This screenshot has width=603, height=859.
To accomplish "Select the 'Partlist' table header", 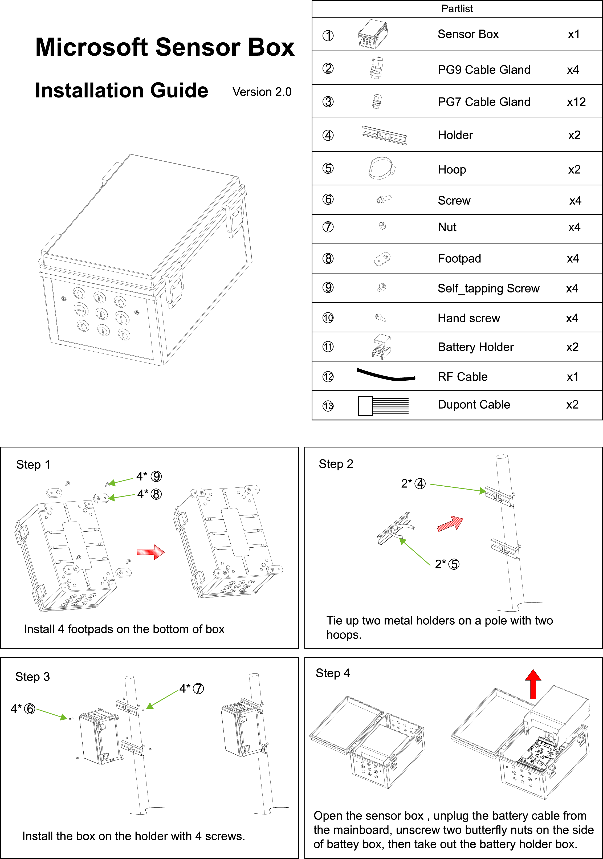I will [x=457, y=9].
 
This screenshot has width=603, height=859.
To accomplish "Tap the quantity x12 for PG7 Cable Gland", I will [x=576, y=102].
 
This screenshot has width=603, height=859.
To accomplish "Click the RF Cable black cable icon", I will [x=386, y=375].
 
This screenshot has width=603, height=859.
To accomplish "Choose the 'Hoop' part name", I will [x=452, y=169].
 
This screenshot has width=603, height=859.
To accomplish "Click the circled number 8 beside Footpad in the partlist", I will [x=328, y=259].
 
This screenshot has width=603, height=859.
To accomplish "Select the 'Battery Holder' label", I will [x=475, y=347].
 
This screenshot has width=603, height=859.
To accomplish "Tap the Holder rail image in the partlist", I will [x=384, y=135].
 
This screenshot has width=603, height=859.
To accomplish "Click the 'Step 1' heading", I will [x=33, y=465].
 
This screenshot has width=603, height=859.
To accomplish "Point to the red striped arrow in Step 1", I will [x=151, y=552].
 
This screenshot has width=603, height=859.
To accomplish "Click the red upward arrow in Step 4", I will [x=533, y=684].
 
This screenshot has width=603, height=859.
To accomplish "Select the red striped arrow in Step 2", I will [x=450, y=523].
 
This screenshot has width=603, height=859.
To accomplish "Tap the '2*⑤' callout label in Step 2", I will [x=447, y=564].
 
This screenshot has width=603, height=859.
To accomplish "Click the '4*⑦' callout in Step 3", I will [x=192, y=688].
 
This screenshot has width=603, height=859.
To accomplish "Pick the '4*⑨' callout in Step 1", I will [x=149, y=476].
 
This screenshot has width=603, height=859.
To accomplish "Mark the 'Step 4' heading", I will [x=333, y=673].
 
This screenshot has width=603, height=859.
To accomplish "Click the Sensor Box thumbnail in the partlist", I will [x=373, y=34].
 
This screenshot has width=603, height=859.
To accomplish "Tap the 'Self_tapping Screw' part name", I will [x=488, y=288].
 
